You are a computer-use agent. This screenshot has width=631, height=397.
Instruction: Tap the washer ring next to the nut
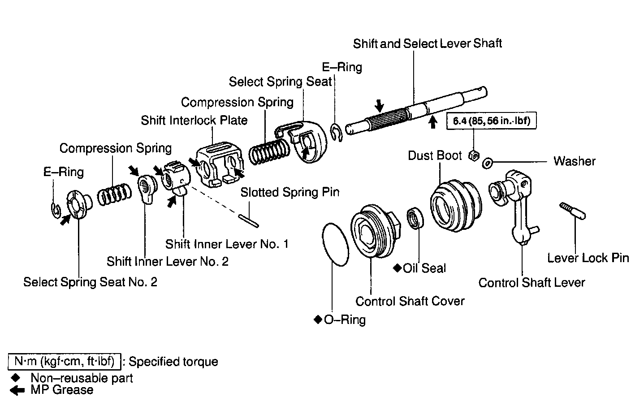point(488,163)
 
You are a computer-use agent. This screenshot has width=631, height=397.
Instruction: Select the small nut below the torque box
point(473,156)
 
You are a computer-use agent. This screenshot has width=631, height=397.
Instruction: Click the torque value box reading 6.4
point(491,121)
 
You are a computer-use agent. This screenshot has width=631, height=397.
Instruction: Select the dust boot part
point(455,203)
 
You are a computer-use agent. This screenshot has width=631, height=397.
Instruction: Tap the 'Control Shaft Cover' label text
point(410,301)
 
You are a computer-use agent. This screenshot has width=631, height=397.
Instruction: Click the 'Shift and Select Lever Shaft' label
point(427,43)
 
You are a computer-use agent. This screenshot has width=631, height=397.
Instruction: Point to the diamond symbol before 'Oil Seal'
point(397,268)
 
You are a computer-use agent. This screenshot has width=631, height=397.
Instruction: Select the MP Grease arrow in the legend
point(17,390)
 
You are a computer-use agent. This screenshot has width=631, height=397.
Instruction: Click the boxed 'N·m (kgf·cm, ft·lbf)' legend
point(64,361)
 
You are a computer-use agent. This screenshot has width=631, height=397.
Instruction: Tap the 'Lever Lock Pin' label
point(588,258)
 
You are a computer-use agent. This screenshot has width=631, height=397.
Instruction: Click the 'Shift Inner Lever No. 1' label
point(227,244)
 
